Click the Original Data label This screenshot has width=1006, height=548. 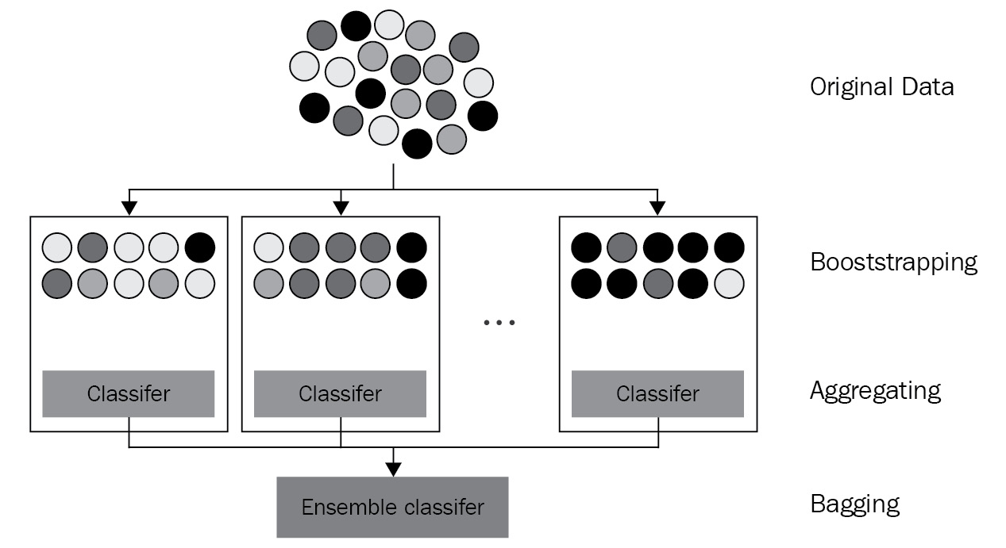coord(881,86)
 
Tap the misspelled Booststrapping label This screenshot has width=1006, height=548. coord(893,262)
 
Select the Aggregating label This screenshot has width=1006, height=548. coord(875,390)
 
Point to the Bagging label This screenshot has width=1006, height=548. coord(854,504)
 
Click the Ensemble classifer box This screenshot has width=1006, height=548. coord(392,508)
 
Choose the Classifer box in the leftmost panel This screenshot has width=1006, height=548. coord(128,393)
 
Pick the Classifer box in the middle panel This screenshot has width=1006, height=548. coord(340,393)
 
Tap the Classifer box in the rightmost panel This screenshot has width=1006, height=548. coord(657,393)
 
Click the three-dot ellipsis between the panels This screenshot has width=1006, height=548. coord(499,322)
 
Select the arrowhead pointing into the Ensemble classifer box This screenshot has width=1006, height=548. coord(393,469)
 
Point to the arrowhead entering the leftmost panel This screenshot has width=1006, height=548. coord(129,209)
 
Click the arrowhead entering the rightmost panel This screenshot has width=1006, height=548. coord(657,209)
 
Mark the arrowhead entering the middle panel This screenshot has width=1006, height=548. coord(341,209)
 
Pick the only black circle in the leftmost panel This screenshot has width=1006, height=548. coord(200,248)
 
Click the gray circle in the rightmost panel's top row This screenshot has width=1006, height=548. coord(622,248)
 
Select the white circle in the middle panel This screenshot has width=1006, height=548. coord(268,248)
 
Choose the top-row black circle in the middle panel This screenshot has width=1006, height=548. coord(411,248)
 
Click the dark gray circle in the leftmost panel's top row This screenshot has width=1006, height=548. coord(92,248)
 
